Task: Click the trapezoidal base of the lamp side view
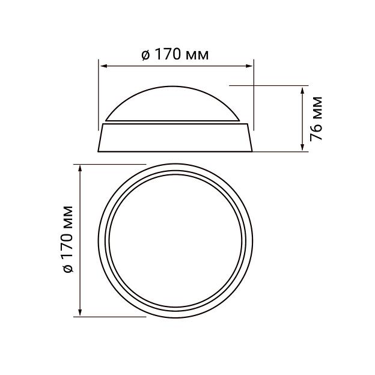(177, 138)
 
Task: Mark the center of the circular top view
(177, 240)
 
